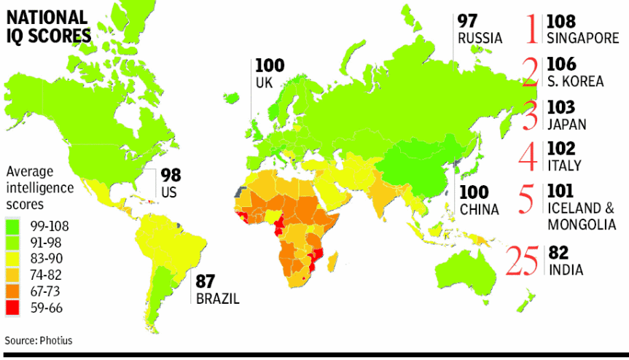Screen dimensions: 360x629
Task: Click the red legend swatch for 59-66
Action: (x=13, y=308)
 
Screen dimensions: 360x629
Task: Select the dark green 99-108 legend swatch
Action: (x=13, y=225)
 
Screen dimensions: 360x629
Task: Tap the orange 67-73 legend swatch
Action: (x=13, y=291)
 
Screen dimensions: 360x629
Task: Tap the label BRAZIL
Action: (x=216, y=299)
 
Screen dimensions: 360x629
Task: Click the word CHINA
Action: (x=480, y=210)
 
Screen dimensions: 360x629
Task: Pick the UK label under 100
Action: (x=264, y=82)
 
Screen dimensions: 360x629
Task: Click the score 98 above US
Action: (x=171, y=176)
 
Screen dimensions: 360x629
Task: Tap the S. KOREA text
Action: (x=576, y=81)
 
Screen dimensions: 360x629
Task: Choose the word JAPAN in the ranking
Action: (x=566, y=124)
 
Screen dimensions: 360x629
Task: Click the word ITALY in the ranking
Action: (x=564, y=165)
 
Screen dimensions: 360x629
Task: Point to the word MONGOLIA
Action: (x=582, y=224)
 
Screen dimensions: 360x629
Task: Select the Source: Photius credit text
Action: (x=39, y=340)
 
